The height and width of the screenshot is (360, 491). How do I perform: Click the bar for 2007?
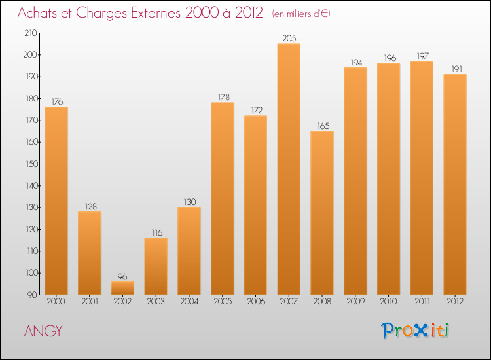pos(289,169)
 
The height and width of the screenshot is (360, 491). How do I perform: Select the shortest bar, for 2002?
pos(122,288)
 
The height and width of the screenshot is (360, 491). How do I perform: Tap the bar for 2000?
pos(56,200)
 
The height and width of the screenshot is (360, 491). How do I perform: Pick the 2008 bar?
pos(322,213)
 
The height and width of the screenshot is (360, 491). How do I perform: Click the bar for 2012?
pos(455,184)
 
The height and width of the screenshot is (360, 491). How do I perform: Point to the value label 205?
pos(289,39)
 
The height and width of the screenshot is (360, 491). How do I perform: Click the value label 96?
pos(122,277)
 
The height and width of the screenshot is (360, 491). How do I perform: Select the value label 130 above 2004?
pos(189,202)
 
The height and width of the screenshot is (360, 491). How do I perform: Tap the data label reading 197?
pos(422,56)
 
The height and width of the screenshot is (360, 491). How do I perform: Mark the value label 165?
pos(322,126)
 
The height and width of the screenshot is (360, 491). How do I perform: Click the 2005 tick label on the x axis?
pos(223,302)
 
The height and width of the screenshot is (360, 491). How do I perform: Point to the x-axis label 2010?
pos(389,302)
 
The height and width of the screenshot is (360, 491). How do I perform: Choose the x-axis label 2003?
pos(156,302)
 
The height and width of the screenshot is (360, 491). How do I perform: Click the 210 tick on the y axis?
pos(30,33)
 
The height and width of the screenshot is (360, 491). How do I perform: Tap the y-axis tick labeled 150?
pos(30,164)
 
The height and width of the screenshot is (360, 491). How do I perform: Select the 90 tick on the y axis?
pos(32,295)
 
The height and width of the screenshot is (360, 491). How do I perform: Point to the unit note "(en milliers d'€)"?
pos(301,14)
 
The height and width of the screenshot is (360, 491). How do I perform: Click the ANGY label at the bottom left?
pos(43,331)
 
